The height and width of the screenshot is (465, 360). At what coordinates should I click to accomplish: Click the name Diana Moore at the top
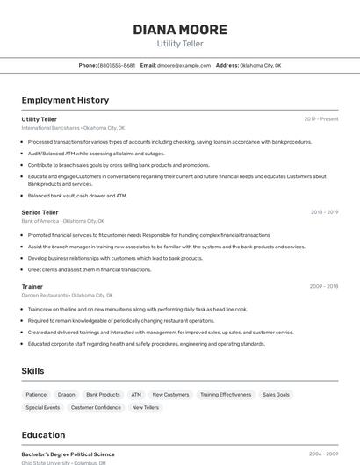point(180,30)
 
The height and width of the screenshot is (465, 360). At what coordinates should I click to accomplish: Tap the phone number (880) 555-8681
point(117,65)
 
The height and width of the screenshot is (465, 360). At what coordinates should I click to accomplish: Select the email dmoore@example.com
point(184,65)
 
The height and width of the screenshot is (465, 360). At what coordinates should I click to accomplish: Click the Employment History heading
point(65,100)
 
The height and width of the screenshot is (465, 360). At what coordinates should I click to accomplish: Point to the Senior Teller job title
point(40,212)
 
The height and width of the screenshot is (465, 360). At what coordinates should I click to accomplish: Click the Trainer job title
point(32,286)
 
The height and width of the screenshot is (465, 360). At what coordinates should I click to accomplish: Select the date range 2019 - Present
point(321,119)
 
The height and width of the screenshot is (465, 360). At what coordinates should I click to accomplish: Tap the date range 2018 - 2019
point(324,212)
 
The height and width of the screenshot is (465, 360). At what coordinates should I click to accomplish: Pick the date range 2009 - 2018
point(324,286)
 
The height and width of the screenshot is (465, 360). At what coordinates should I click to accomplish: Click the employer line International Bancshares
point(74,128)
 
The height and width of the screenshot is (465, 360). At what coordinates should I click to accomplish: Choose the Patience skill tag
point(36,395)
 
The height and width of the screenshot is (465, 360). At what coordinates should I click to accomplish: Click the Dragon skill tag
point(67,395)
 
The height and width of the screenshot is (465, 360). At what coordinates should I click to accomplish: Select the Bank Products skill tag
point(103,395)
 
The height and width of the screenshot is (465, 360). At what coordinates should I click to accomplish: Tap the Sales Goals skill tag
point(276,395)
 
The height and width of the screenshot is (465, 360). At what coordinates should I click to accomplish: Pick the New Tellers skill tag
point(146,407)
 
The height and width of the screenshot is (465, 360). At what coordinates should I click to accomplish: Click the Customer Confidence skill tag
point(96,407)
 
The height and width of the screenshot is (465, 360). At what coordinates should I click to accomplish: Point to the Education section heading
point(43,435)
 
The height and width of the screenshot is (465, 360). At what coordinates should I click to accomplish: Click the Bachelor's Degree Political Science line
point(68,454)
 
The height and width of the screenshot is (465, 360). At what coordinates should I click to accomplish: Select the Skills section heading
point(33,371)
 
